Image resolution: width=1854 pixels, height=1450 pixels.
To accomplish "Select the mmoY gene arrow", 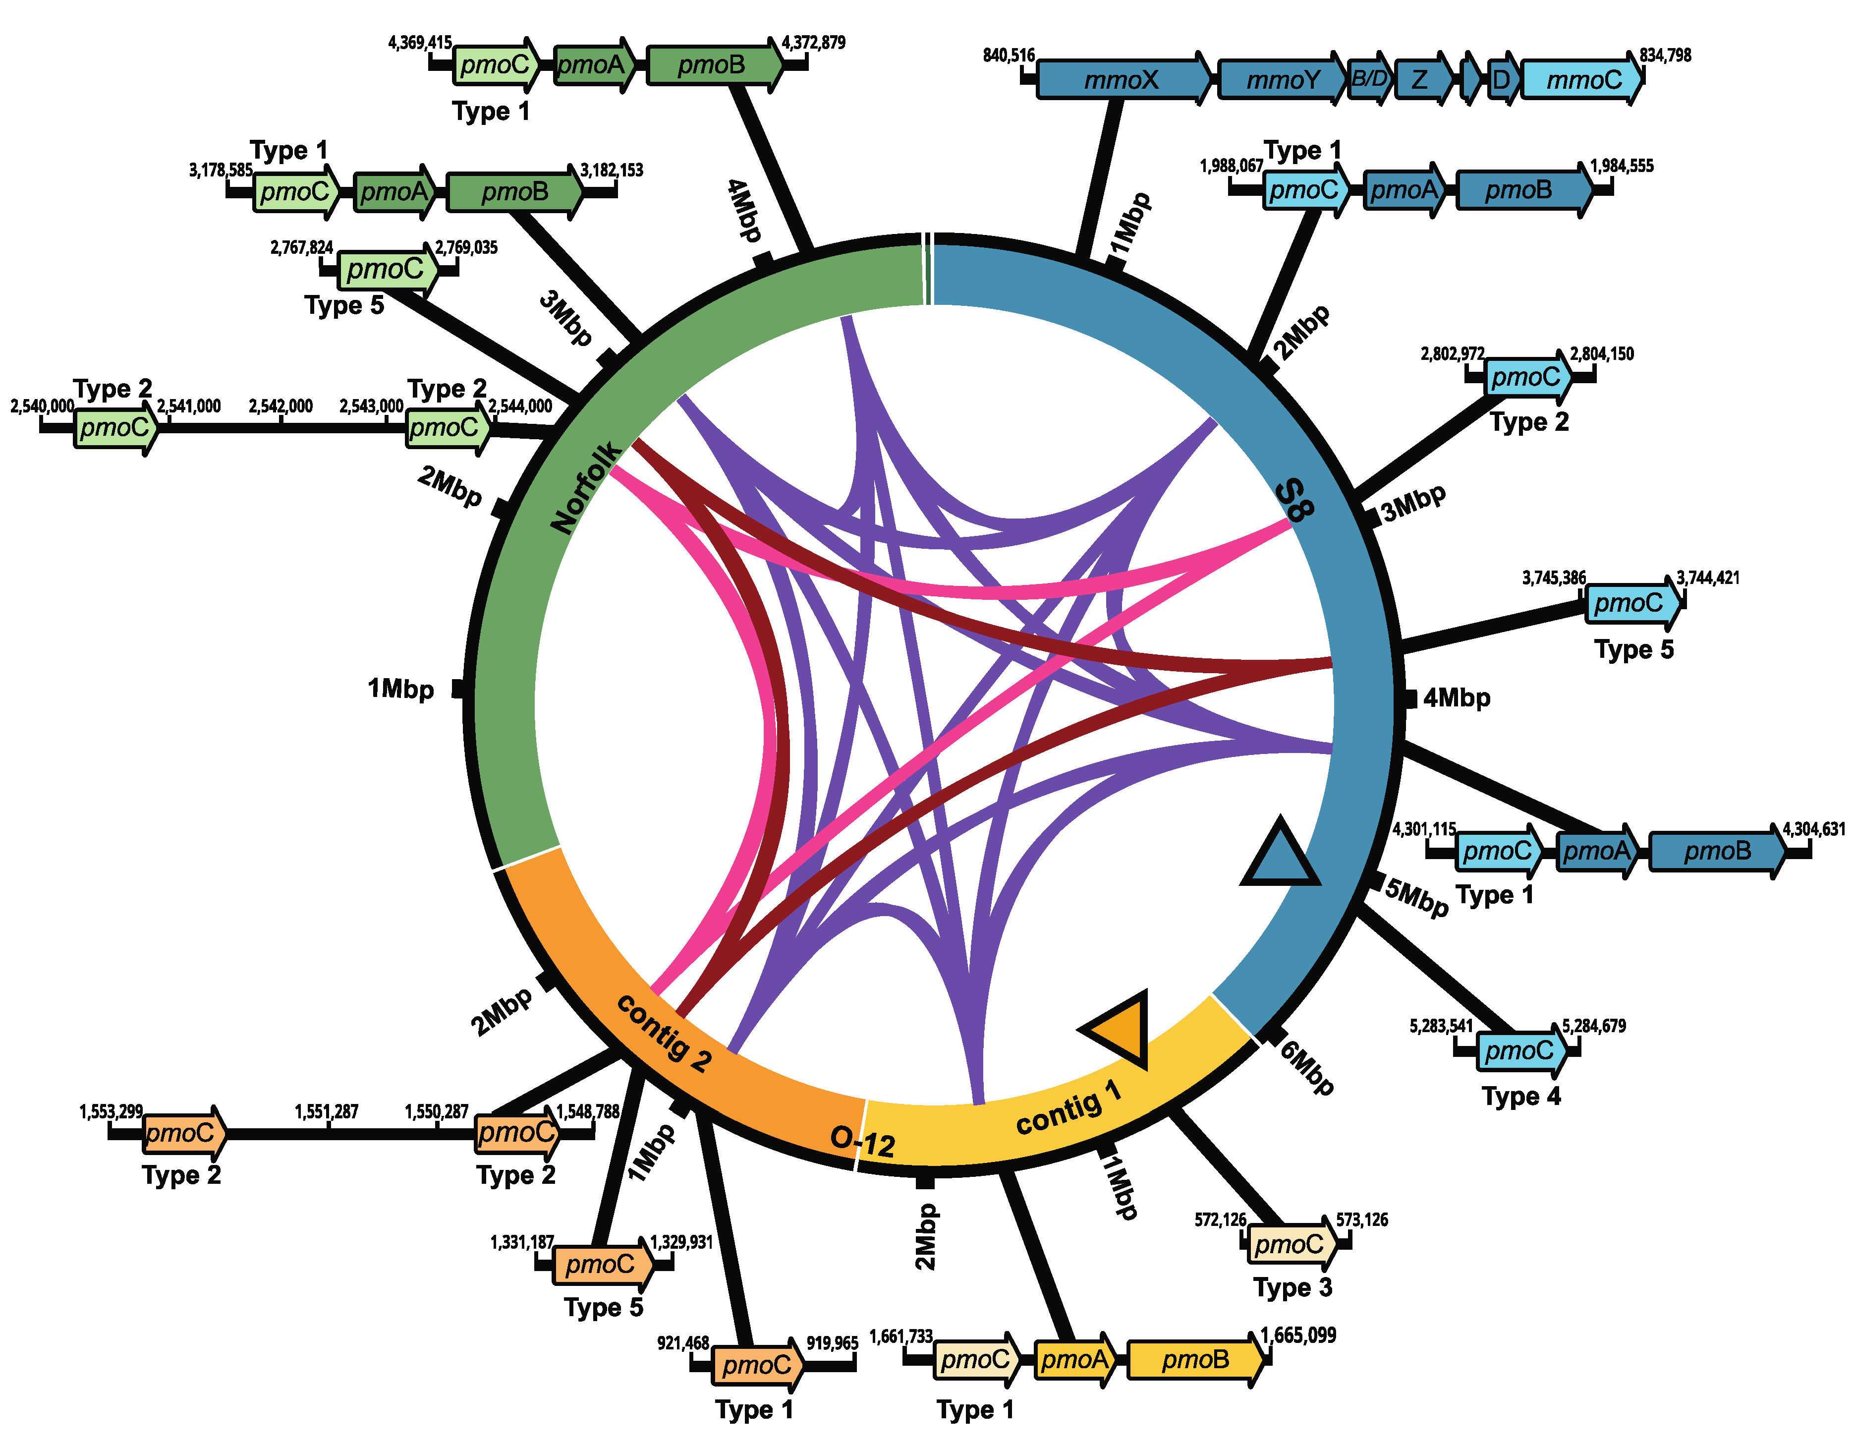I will (x=1282, y=80).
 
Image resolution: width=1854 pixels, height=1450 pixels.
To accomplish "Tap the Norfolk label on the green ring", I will (x=586, y=488).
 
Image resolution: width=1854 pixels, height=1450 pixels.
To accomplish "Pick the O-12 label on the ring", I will (x=862, y=1142).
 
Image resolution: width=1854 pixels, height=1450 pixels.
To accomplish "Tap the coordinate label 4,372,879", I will (x=813, y=43).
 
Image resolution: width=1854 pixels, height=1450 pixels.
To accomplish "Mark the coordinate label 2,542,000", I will (x=280, y=406).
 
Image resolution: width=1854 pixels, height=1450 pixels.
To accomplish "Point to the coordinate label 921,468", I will (x=683, y=1343).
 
